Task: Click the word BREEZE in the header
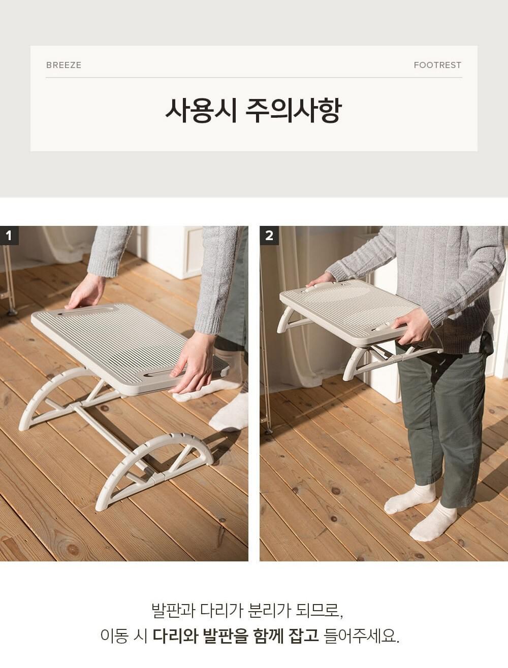pyautogui.click(x=63, y=65)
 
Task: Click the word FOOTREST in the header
pyautogui.click(x=437, y=65)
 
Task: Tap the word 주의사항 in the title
pyautogui.click(x=294, y=111)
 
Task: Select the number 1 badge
pyautogui.click(x=9, y=235)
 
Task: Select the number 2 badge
pyautogui.click(x=269, y=235)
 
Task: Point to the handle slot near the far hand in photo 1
pyautogui.click(x=82, y=312)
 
